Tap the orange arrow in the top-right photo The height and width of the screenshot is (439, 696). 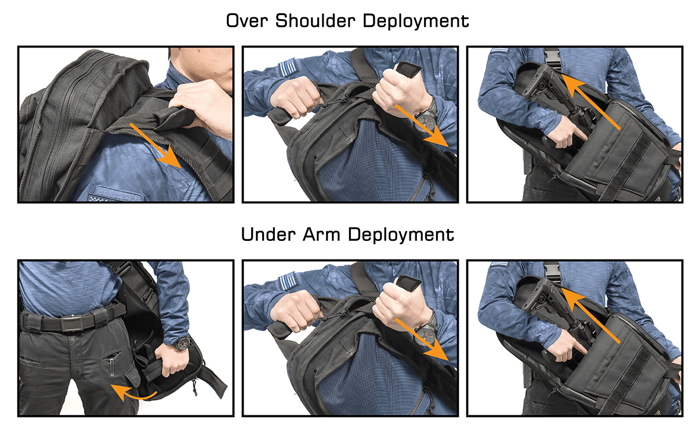592,103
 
